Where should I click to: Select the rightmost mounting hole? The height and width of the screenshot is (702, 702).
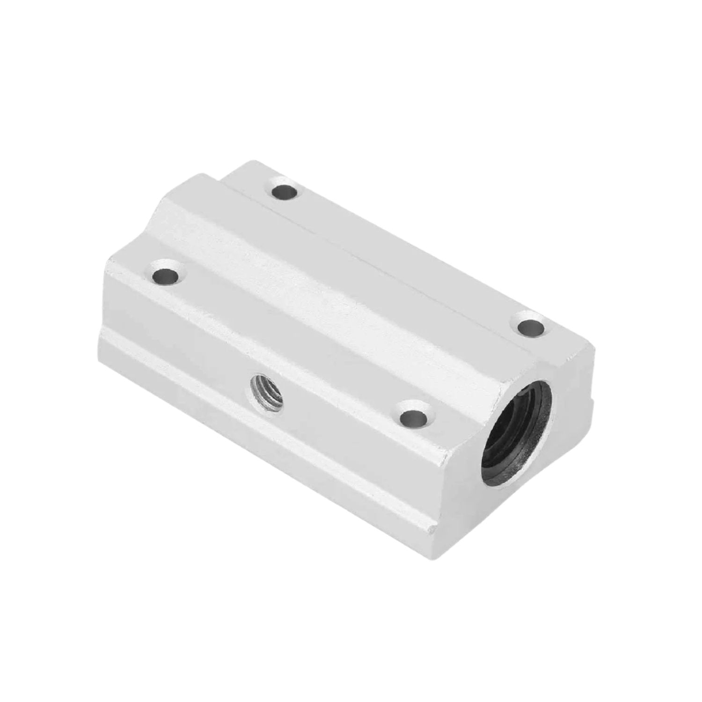coord(532,327)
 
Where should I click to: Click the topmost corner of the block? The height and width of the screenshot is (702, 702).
coord(243,161)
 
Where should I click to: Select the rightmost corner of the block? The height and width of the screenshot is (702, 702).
coord(595,349)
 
